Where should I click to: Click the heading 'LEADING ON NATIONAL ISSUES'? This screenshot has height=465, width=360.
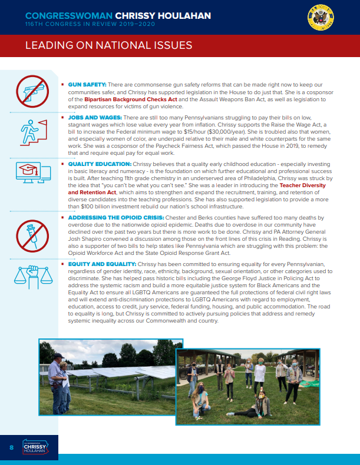[x=109, y=46]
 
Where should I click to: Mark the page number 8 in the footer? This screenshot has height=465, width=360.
[x=11, y=448]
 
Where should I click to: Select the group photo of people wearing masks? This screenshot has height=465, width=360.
[x=247, y=383]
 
